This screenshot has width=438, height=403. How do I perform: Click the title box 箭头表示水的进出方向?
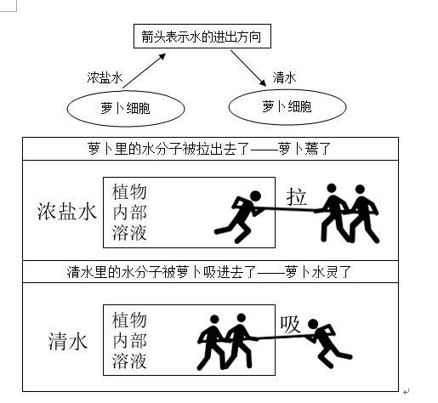202,37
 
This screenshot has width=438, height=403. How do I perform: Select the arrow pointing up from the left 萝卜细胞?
144,71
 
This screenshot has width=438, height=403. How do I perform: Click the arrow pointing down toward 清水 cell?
248,68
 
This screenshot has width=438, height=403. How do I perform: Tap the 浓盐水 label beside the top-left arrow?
105,77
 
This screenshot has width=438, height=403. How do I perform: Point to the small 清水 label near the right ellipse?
284,77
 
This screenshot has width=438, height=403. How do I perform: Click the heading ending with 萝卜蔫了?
209,149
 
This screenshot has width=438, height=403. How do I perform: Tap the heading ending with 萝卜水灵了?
209,272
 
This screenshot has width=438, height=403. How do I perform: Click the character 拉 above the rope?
297,196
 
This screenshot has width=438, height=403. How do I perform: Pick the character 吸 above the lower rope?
290,325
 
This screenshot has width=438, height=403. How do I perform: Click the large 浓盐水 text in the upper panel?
67,212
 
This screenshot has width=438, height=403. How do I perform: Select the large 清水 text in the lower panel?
68,341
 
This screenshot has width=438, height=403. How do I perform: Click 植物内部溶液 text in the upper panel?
129,212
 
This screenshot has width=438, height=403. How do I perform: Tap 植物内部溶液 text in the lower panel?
129,340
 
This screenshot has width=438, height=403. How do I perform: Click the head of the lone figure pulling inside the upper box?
255,196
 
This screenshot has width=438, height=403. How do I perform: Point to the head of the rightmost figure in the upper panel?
360,190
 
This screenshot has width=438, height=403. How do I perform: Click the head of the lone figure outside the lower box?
313,324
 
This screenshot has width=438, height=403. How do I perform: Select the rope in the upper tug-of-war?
287,210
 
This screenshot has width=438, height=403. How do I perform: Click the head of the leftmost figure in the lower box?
214,320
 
